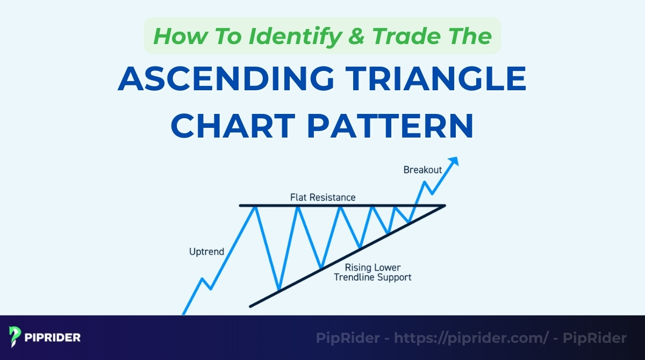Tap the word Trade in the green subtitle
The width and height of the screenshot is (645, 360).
click(408, 36)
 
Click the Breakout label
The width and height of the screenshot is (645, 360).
click(422, 170)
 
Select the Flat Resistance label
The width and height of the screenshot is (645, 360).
click(322, 197)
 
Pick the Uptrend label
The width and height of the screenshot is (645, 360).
click(206, 251)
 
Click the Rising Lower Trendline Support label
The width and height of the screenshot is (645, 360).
click(372, 272)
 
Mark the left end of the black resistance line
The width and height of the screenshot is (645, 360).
click(240, 205)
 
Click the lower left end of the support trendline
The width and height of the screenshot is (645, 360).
click(250, 307)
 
